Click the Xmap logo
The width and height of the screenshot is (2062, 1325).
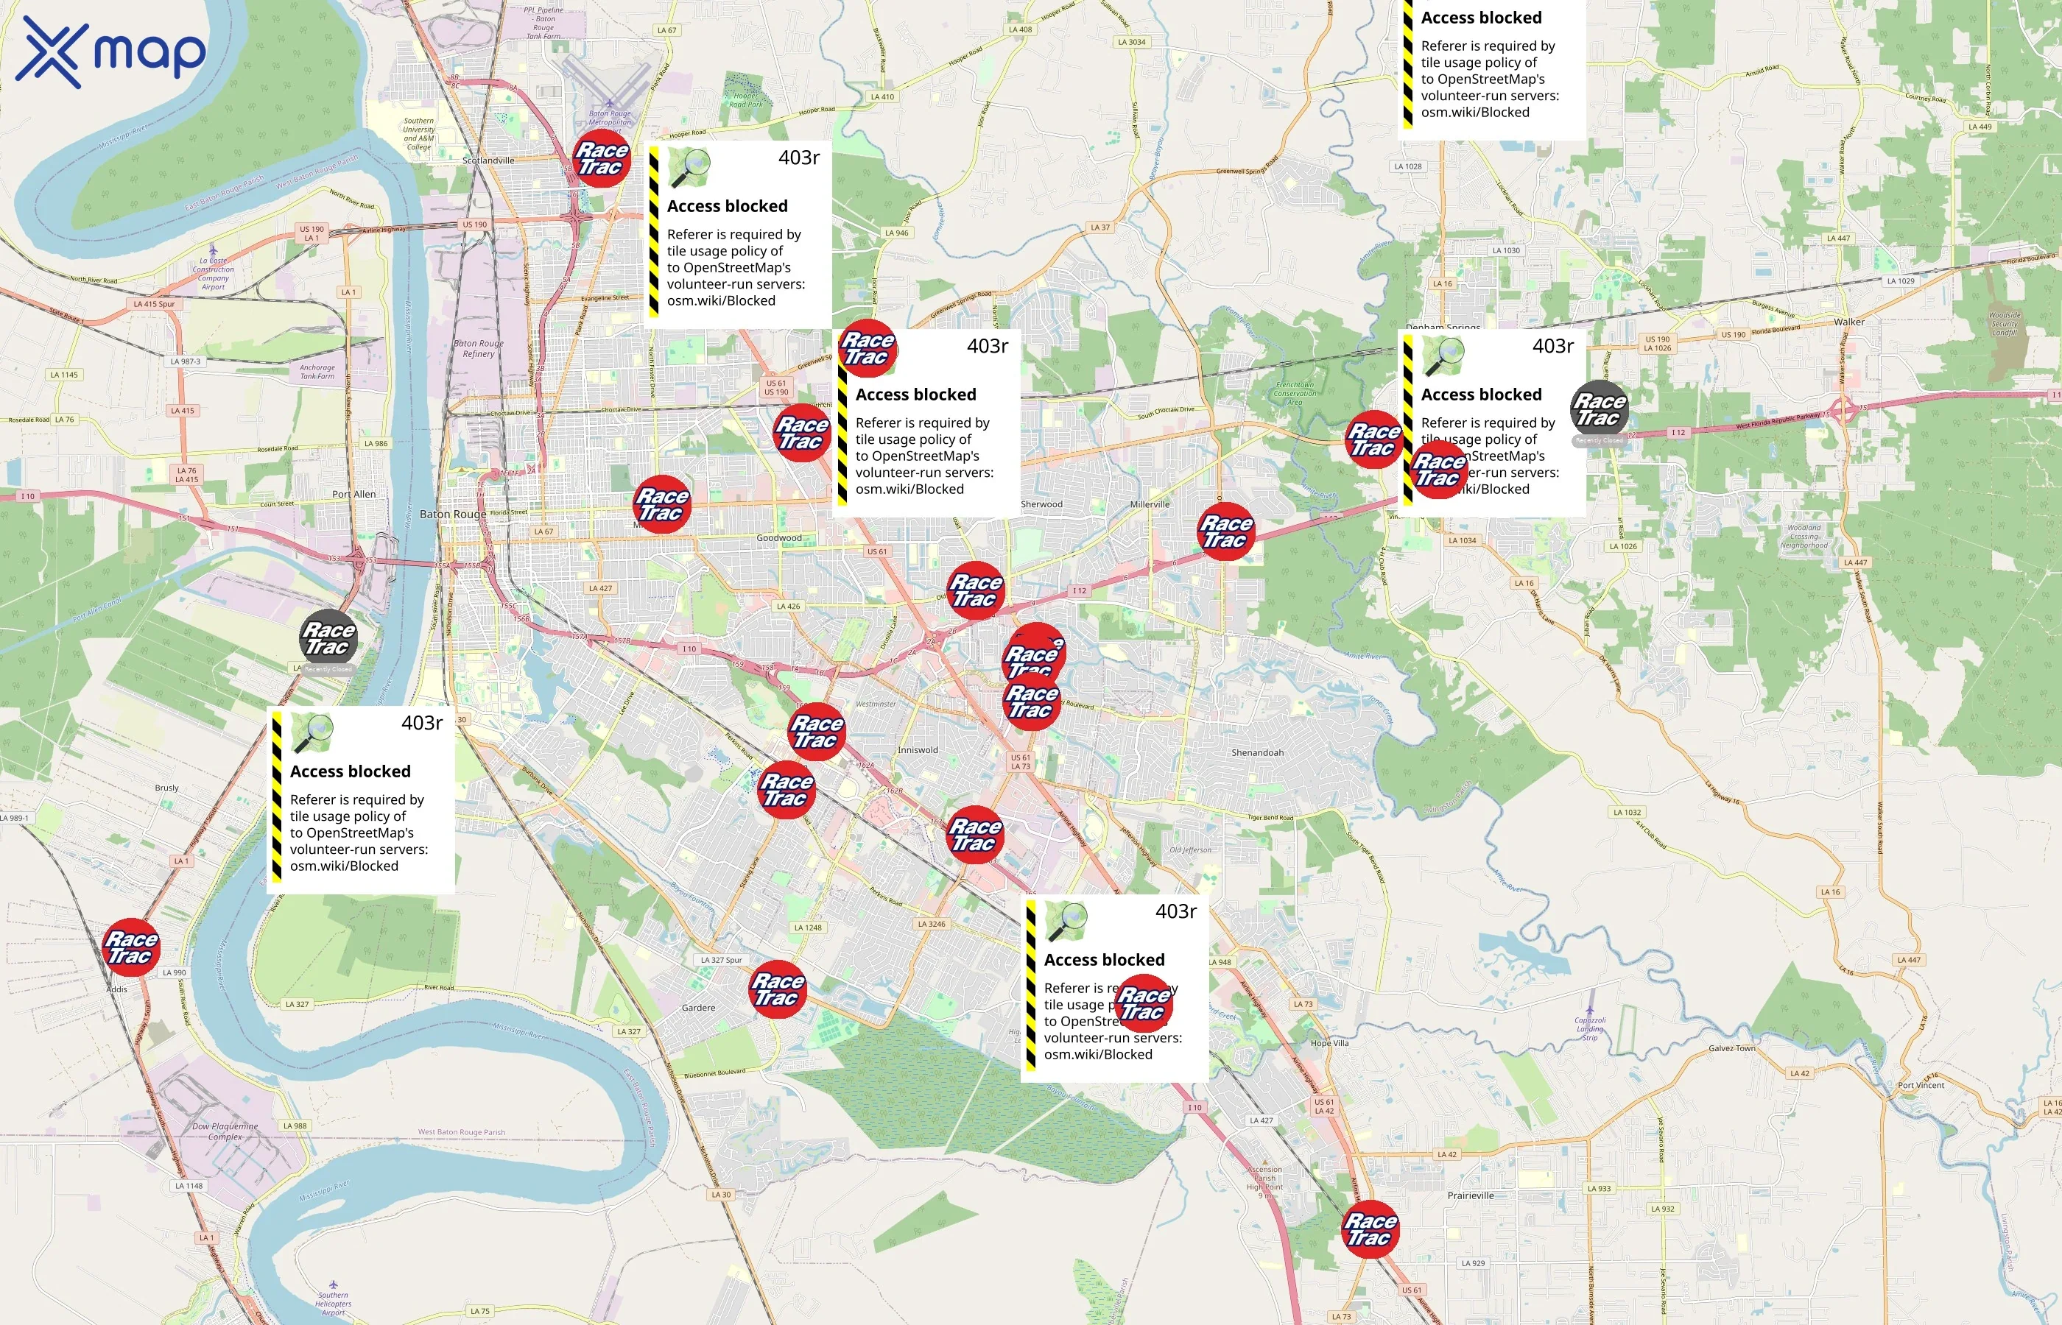point(110,52)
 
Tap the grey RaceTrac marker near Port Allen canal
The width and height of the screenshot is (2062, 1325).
point(328,638)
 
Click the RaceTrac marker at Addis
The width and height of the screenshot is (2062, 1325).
point(132,947)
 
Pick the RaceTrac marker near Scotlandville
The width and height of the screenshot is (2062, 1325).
point(602,158)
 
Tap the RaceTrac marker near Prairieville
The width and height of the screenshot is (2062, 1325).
point(1370,1229)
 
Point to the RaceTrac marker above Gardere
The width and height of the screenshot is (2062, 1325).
point(778,989)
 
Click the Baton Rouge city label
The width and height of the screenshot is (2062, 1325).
point(453,515)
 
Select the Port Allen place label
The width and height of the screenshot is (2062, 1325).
point(353,495)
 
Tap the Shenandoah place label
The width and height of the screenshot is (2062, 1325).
point(1256,753)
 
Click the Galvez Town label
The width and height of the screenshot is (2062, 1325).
point(1731,1048)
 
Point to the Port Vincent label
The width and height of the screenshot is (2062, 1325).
point(1921,1085)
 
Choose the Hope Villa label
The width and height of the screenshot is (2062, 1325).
point(1330,1043)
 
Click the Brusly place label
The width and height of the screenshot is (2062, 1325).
point(167,788)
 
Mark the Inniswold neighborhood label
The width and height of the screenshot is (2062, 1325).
point(918,750)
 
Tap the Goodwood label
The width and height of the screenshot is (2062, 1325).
point(779,539)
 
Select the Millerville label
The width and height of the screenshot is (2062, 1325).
point(1150,504)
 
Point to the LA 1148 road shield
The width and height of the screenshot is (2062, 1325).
point(189,1186)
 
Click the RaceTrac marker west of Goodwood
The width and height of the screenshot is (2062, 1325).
point(662,504)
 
